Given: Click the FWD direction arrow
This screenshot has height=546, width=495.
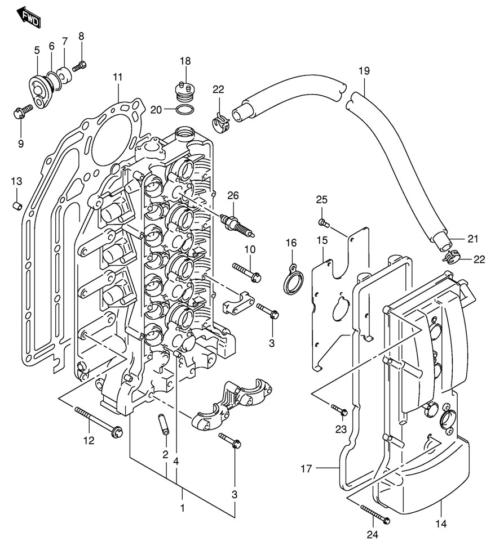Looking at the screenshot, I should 28,17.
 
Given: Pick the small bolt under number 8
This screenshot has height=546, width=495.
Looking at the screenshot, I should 79,66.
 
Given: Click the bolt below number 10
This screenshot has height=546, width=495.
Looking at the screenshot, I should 246,271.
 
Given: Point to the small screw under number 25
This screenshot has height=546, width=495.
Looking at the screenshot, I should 322,221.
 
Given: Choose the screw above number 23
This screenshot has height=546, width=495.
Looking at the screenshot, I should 338,409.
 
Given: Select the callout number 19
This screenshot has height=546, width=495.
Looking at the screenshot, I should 364,71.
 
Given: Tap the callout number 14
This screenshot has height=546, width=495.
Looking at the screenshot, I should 441,524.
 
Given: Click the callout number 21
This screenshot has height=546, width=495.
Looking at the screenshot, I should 472,239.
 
